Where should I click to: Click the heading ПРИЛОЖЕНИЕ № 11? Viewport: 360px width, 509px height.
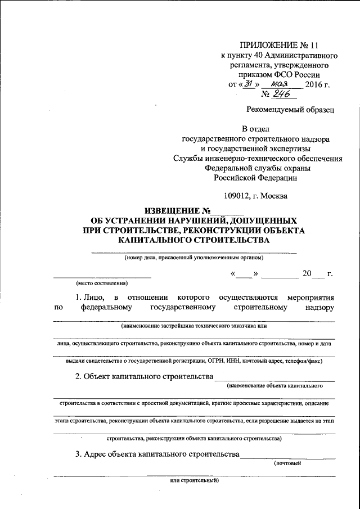point(280,44)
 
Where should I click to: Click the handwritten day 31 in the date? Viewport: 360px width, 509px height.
point(246,84)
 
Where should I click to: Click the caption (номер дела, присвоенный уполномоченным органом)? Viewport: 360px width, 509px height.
point(194,258)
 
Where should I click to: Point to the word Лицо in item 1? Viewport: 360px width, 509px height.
point(91,296)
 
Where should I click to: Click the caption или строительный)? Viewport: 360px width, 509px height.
point(194,481)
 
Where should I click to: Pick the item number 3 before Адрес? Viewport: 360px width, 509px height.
point(78,454)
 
